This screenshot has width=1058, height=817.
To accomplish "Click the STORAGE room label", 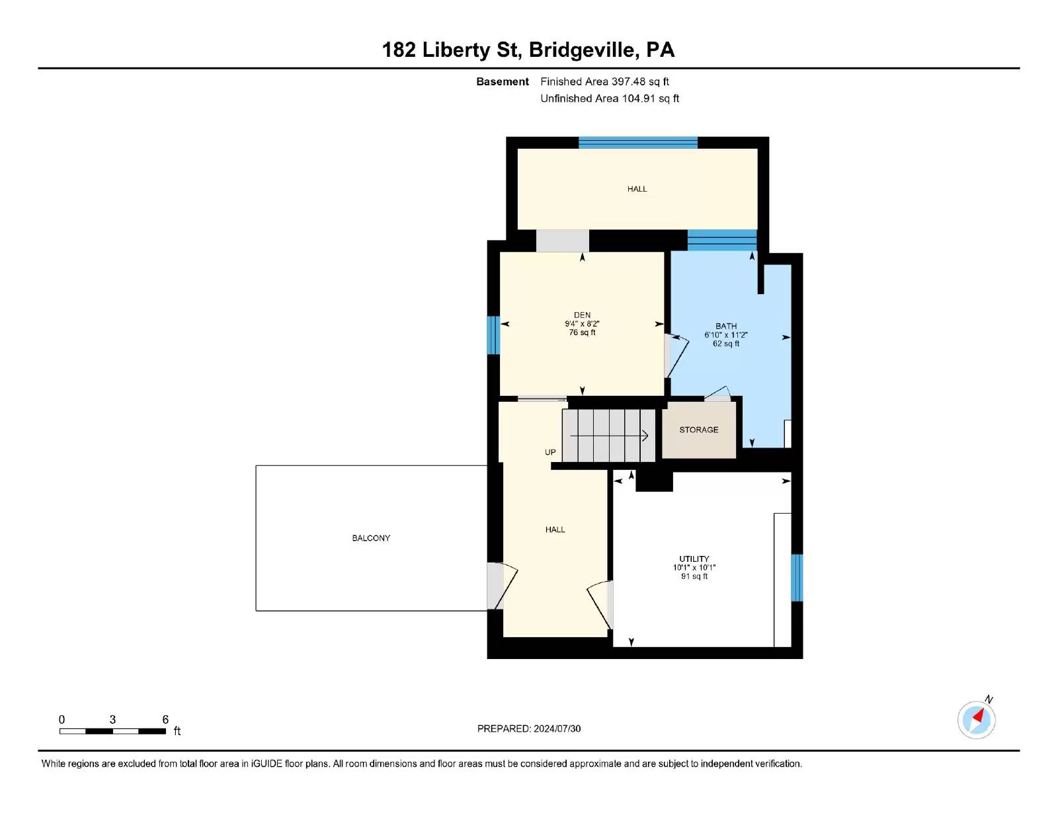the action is [x=699, y=430].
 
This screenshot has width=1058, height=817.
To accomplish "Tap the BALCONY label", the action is [x=371, y=537].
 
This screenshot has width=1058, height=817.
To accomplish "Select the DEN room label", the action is [x=582, y=315].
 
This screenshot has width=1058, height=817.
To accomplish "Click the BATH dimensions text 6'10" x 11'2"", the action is [x=725, y=334].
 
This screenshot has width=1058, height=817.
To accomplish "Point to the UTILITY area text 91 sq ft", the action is [x=694, y=576].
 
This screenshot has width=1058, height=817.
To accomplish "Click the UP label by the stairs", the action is [x=550, y=452].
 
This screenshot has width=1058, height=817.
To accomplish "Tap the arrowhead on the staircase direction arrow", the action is [x=645, y=436].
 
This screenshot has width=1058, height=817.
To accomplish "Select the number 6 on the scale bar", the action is [x=165, y=719].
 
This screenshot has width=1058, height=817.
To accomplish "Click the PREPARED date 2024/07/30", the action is [x=557, y=728].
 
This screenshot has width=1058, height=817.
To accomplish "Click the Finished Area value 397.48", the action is [x=628, y=81].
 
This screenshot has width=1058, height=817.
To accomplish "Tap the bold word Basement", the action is [x=502, y=81].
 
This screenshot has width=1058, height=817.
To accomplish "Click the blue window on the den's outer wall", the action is [x=493, y=335].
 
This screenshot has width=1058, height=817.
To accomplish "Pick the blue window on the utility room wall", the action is [x=797, y=578].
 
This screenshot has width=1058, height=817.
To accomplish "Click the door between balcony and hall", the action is [x=501, y=586].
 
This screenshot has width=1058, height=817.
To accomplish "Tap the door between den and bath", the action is [x=676, y=356].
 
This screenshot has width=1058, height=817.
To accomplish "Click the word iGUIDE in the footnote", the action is [x=266, y=763].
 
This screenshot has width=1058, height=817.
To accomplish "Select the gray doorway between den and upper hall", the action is [x=562, y=241].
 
